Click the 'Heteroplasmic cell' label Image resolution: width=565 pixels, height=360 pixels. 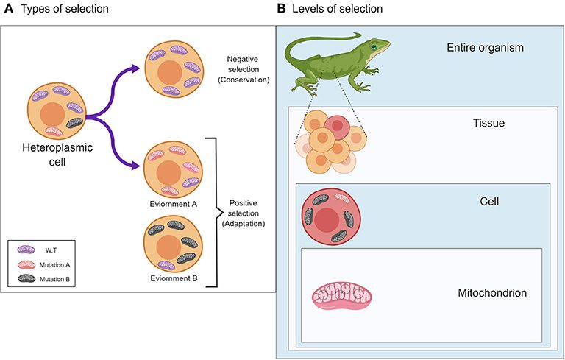click(x=54, y=163)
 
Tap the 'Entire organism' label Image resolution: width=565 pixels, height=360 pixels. click(x=485, y=48)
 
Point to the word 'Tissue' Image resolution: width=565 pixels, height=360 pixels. click(x=488, y=123)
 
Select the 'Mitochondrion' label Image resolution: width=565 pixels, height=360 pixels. click(x=492, y=292)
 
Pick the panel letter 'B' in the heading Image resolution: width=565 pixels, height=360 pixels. click(x=280, y=8)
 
